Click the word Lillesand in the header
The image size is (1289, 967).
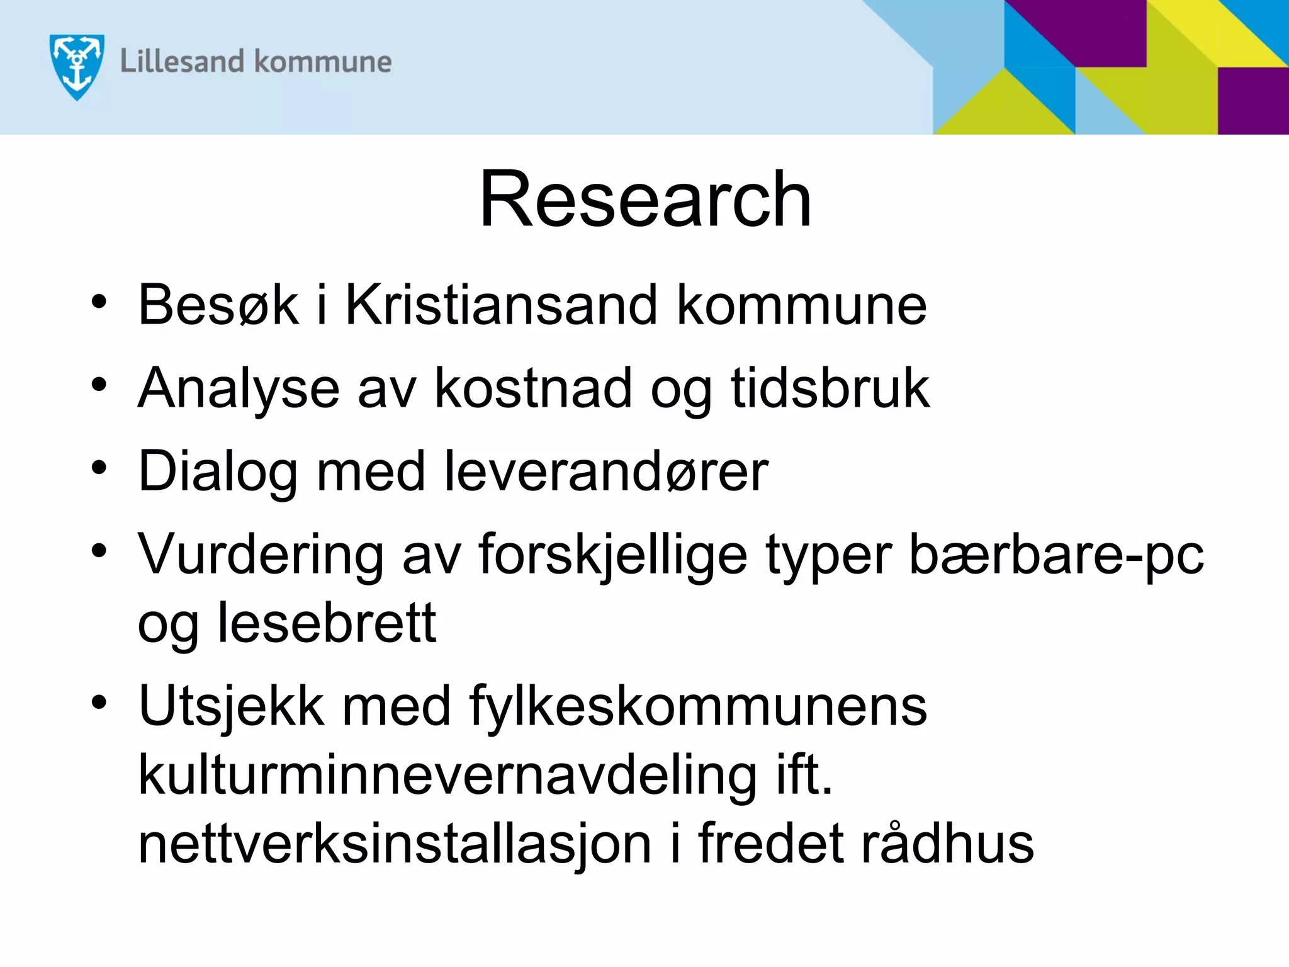click(182, 62)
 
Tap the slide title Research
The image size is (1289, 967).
click(645, 200)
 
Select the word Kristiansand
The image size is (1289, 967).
click(501, 305)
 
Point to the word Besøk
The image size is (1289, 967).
click(218, 305)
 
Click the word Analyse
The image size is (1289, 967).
click(239, 389)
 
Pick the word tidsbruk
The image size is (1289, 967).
click(830, 388)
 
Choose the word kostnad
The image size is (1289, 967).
click(533, 388)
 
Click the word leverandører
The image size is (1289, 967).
click(606, 471)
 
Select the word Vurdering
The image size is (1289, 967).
click(261, 555)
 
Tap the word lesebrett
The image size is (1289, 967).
click(327, 623)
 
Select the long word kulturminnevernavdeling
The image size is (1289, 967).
click(447, 776)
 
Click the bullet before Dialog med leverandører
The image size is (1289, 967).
click(99, 468)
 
